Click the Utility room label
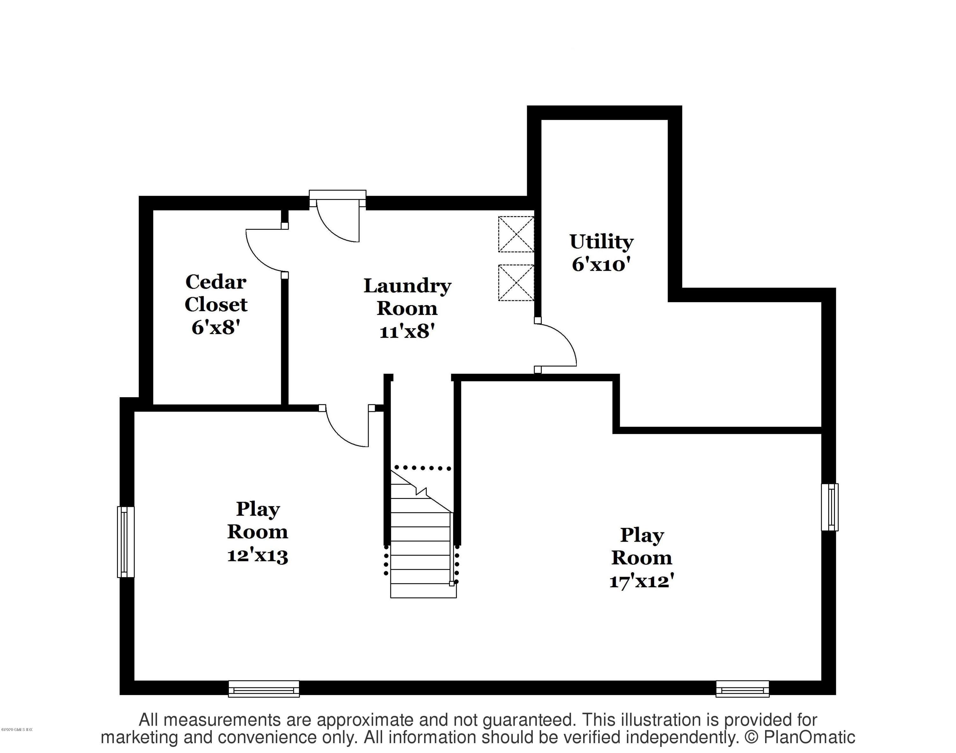pos(601,242)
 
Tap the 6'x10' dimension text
pos(601,265)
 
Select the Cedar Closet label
pos(216,293)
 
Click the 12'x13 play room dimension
pos(257,555)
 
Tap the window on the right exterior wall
pos(829,507)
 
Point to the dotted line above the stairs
pos(422,468)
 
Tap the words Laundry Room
pos(407,297)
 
